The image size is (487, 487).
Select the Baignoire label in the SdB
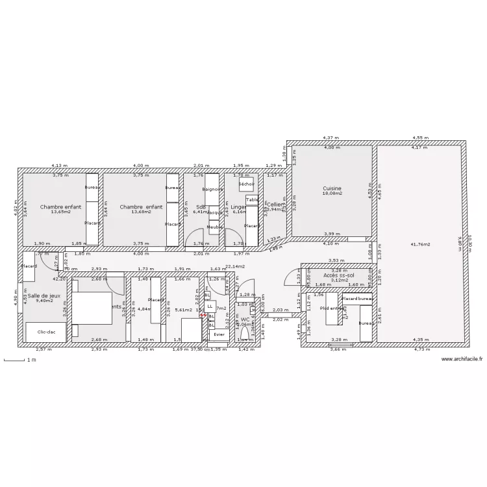click(x=212, y=189)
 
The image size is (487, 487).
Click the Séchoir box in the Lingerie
click(x=246, y=184)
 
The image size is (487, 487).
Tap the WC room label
click(x=245, y=319)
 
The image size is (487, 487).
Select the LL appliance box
click(x=210, y=306)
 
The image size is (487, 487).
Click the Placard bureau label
click(x=356, y=298)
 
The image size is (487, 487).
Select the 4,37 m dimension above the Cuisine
click(x=331, y=138)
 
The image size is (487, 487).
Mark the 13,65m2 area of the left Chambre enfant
click(x=60, y=212)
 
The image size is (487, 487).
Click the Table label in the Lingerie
click(x=252, y=200)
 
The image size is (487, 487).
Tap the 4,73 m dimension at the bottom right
click(x=420, y=349)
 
